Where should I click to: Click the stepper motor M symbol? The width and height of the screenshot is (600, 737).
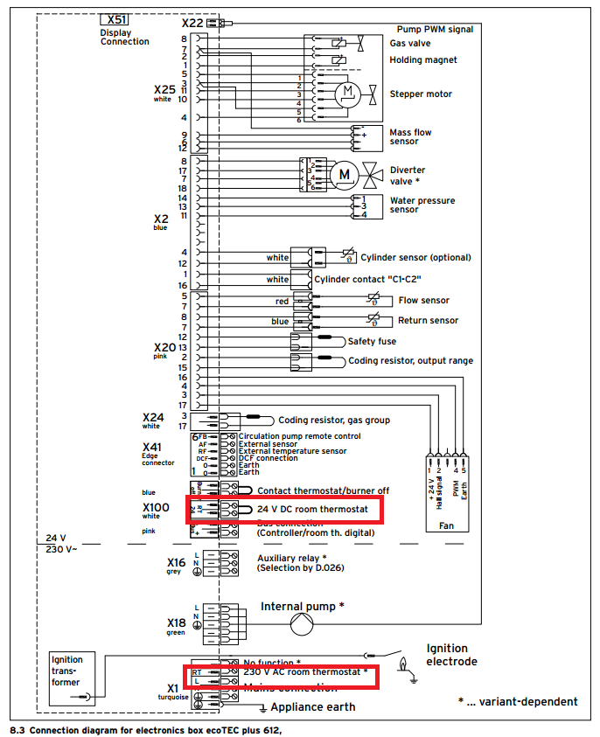pos(347,90)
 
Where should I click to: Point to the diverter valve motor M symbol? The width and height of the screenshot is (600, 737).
pos(344,174)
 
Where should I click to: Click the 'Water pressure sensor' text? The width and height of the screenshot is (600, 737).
pos(422,205)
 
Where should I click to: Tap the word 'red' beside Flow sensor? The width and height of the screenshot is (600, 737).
pos(282,301)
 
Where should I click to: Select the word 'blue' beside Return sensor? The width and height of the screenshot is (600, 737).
pos(280,321)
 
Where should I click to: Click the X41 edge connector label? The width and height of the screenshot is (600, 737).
pos(152,448)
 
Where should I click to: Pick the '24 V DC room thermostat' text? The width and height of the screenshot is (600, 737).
pos(318,508)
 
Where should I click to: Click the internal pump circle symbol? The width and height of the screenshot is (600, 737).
pos(301,623)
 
